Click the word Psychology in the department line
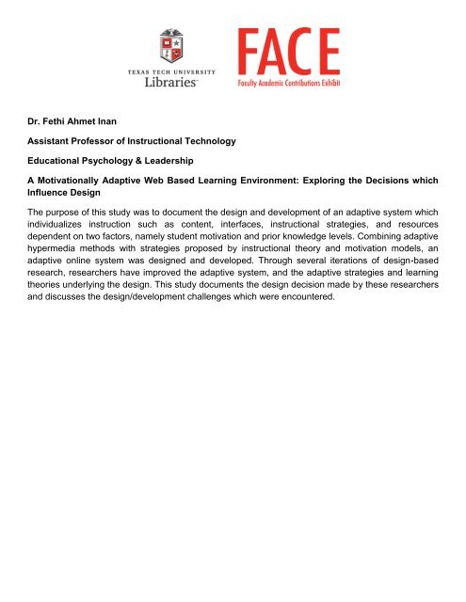115,162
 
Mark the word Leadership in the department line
186,162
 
